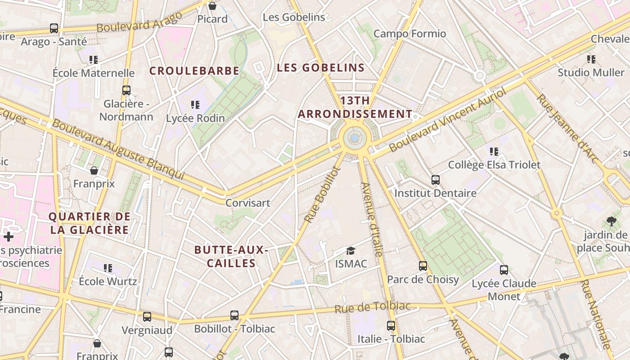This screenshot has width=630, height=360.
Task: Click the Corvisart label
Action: click(x=248, y=202)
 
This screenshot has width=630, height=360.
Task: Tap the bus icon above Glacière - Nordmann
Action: click(x=126, y=90)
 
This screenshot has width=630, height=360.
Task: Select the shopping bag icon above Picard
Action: click(x=212, y=6)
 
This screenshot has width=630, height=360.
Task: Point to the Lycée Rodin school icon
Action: click(x=195, y=105)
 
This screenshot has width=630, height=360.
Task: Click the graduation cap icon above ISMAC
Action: click(x=351, y=251)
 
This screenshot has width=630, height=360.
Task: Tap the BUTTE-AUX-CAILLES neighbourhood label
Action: click(x=231, y=256)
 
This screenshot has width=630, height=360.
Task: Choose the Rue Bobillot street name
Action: click(x=322, y=194)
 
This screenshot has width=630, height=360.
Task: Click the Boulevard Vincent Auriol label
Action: click(x=448, y=120)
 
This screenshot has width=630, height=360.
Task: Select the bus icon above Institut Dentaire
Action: click(x=436, y=180)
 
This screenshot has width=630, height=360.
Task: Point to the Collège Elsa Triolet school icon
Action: click(x=494, y=152)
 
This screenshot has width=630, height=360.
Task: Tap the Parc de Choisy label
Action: click(x=423, y=279)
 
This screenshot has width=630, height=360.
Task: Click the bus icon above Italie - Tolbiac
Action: click(x=391, y=325)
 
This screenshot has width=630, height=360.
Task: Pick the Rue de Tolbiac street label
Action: click(x=373, y=307)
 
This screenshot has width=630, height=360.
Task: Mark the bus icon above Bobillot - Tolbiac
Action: click(x=234, y=315)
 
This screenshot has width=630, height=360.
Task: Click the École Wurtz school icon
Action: click(x=108, y=268)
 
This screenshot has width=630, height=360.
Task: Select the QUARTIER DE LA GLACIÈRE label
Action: click(x=90, y=223)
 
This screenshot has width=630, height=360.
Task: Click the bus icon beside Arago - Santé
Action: click(x=54, y=28)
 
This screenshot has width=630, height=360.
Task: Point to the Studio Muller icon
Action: click(x=591, y=59)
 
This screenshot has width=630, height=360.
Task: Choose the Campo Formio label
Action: click(x=409, y=34)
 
